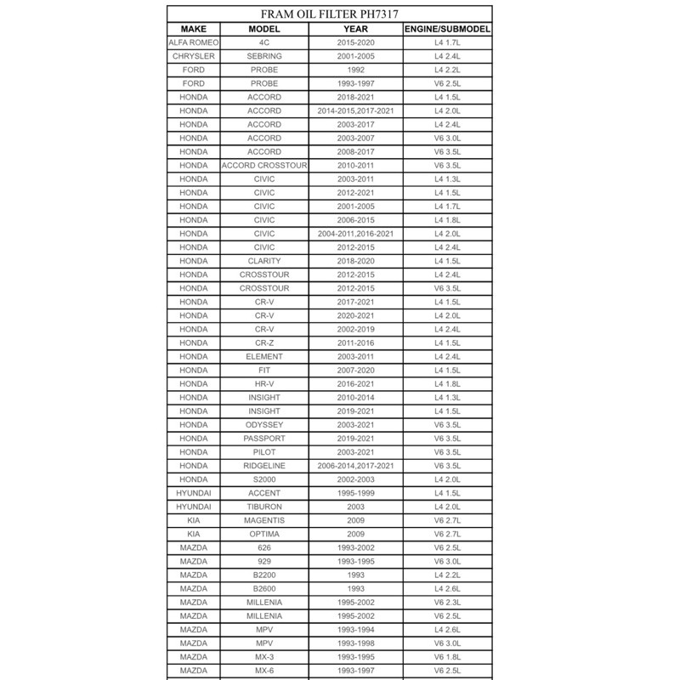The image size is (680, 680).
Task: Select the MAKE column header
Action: click(x=194, y=28)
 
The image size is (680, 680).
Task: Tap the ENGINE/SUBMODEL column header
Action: click(x=446, y=28)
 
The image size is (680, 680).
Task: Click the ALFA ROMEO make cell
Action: click(x=194, y=42)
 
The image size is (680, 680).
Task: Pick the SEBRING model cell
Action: click(x=264, y=55)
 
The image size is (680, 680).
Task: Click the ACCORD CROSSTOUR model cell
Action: click(x=264, y=165)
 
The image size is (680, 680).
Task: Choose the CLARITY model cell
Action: click(x=264, y=261)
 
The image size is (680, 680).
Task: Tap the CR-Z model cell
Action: click(x=264, y=343)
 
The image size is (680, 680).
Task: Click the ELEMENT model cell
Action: click(x=264, y=356)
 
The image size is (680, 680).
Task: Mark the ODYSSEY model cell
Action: click(x=264, y=425)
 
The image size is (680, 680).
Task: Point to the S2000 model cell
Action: click(x=264, y=479)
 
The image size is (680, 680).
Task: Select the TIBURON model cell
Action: click(x=264, y=507)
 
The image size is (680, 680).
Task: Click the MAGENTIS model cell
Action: click(x=264, y=520)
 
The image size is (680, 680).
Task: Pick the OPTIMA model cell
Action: click(x=264, y=534)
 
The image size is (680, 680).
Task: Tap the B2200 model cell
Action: click(x=264, y=575)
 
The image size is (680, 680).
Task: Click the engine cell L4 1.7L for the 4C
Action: click(x=446, y=42)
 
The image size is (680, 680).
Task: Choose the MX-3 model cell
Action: click(x=264, y=657)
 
